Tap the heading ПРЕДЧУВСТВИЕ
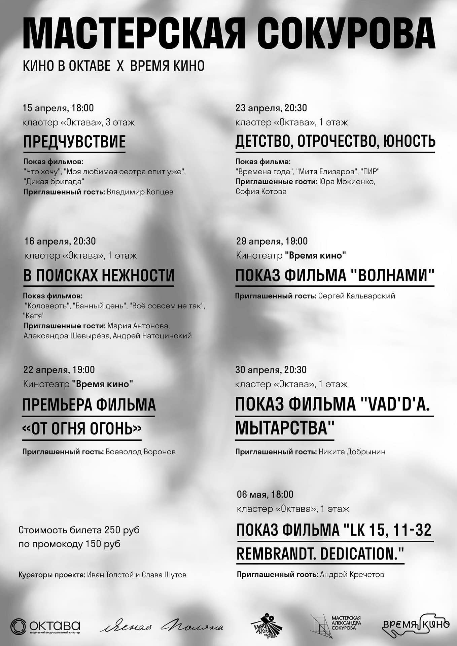coord(74,142)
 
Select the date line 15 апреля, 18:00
coord(58,108)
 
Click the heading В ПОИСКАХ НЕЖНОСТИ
coord(99,275)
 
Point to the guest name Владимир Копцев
coord(140,192)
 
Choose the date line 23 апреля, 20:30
coord(271,108)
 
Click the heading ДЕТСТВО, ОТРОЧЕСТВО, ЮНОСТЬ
coord(335,141)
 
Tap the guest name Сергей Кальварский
coord(356,296)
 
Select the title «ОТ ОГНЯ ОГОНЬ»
coord(82,429)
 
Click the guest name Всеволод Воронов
coord(140,452)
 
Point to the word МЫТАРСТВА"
coord(285,428)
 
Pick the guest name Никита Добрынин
coord(352,452)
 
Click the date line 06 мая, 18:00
coord(265,494)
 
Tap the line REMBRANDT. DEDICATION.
coord(320,553)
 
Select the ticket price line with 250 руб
coord(79,530)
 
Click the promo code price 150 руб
coord(103,544)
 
